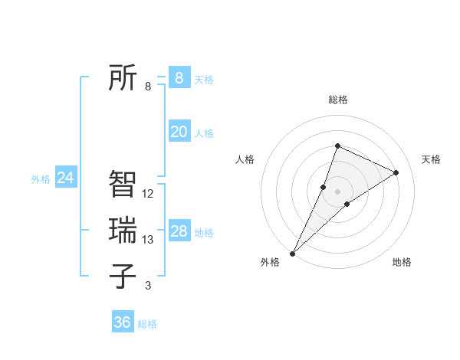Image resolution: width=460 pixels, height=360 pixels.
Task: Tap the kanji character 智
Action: coord(123,184)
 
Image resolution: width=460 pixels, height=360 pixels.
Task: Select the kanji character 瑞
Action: coord(123,230)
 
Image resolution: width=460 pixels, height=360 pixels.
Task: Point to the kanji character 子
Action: coord(123,276)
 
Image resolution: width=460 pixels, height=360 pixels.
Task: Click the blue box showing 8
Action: coord(179,78)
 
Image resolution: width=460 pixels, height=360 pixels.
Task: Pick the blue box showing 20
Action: coord(179,132)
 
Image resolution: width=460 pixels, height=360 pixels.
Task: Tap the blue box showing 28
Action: coord(179,231)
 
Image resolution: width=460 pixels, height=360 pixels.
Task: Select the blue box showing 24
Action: coord(65,178)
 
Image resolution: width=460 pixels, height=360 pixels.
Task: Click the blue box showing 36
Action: coord(123,322)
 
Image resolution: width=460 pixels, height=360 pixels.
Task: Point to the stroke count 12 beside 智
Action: coord(148,194)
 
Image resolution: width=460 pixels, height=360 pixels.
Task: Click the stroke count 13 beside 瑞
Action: coord(148,240)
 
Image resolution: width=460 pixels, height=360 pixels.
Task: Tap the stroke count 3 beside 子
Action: coord(148,286)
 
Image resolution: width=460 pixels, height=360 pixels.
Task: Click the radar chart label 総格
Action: coord(338,100)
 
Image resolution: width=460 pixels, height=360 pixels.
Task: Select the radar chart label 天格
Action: coord(431,159)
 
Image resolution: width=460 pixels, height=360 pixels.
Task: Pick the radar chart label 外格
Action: coord(270,262)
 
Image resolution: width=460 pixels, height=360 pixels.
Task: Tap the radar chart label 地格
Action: coord(402,262)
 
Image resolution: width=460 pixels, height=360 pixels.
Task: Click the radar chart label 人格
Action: coord(245,159)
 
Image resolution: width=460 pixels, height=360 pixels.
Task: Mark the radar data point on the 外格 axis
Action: coord(293,253)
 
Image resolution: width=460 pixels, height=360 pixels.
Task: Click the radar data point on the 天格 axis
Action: coord(396,172)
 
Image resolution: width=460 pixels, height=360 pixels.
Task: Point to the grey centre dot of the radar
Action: coord(338,191)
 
